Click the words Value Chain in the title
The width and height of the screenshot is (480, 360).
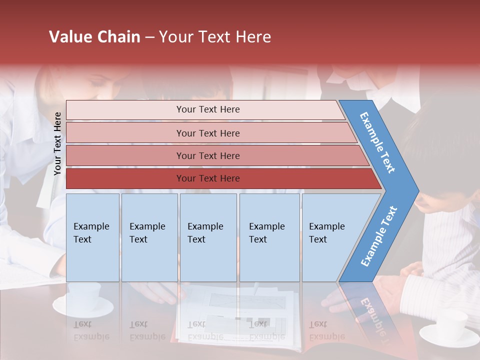94,37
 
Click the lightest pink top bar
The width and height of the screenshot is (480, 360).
125,109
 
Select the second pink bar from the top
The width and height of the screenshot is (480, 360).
125,133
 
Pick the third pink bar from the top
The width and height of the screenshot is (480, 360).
125,155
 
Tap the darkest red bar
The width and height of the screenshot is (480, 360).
125,178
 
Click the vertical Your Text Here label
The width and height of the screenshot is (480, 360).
57,143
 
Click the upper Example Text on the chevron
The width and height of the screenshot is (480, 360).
377,142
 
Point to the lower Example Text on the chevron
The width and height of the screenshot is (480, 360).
378,236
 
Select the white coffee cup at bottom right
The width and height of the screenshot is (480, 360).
450,327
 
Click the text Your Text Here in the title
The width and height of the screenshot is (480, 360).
215,37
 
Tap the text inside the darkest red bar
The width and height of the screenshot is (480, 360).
208,178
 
